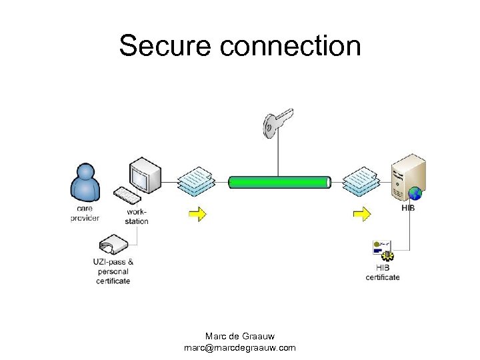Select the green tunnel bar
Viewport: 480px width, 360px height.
pos(280,182)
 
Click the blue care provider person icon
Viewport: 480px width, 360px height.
pos(85,181)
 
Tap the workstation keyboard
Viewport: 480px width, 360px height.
pos(127,195)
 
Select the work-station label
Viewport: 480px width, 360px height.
pos(137,217)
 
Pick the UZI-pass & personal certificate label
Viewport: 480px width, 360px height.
pos(113,271)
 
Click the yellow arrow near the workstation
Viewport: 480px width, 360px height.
pos(197,213)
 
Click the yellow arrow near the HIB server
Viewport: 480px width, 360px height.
pos(361,213)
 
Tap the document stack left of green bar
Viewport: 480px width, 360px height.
pos(195,181)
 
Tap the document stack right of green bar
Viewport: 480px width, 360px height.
pos(361,181)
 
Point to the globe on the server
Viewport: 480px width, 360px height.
pos(415,194)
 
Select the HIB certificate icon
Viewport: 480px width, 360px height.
pos(383,251)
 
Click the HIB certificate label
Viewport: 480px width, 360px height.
pos(383,272)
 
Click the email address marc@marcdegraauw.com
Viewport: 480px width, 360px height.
pos(240,347)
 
